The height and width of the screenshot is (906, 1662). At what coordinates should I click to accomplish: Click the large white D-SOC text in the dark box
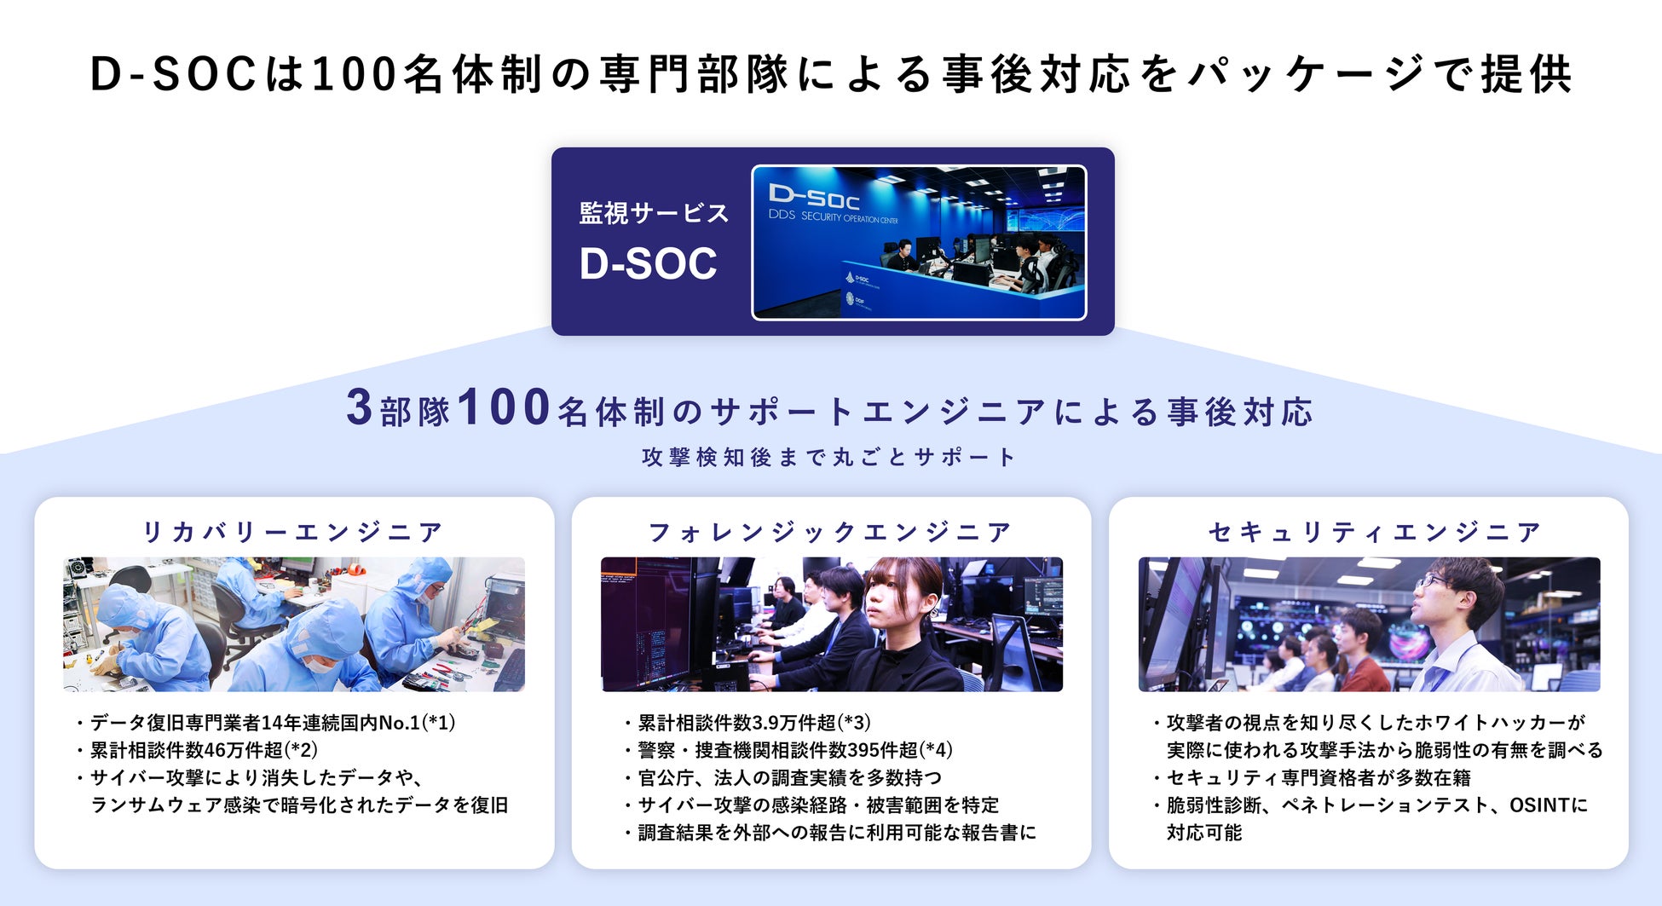648,263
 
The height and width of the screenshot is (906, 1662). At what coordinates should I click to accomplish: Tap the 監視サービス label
654,213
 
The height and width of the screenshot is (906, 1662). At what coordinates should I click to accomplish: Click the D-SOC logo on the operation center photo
813,197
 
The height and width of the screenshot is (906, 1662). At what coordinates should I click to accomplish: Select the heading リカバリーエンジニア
293,532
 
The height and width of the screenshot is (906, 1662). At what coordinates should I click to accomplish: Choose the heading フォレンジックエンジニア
831,532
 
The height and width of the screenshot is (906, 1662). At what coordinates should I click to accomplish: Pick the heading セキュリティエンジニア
1374,532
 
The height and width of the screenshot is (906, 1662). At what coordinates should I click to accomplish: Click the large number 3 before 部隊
359,407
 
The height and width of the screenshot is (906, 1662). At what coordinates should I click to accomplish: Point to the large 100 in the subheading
504,407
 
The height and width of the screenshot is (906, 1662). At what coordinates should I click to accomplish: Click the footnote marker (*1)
439,723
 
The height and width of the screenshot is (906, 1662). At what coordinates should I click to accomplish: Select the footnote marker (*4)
936,750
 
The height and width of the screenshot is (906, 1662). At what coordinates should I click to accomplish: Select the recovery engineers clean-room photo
294,624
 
